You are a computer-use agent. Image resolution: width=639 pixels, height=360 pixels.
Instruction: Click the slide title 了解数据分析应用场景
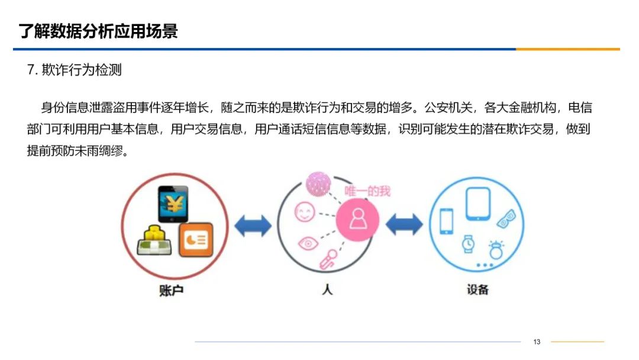coord(98,31)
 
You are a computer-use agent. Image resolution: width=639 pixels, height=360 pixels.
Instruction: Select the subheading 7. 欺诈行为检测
coord(75,70)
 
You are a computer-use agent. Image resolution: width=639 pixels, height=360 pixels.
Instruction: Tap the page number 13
coord(537,342)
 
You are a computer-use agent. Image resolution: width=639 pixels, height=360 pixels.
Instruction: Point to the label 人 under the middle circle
coord(327,290)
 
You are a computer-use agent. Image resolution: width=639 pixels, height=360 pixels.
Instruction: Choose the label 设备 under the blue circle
coord(477,290)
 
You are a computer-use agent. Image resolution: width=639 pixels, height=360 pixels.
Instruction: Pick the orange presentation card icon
coord(195,239)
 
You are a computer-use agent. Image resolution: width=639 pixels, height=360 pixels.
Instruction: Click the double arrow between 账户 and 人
coord(253,225)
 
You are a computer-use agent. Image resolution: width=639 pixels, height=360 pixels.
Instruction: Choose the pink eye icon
coord(307,242)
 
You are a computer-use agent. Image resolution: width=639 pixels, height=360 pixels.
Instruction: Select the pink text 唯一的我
coord(367,191)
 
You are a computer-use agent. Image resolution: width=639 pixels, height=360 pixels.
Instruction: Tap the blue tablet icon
coord(478,203)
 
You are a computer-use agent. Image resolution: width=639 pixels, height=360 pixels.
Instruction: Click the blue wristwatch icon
coord(468,243)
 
